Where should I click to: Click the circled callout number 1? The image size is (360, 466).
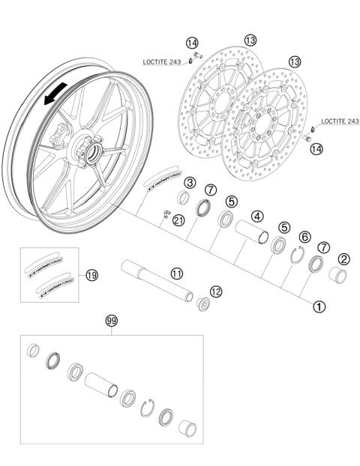click(x=319, y=306)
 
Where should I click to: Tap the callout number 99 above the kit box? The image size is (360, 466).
click(x=112, y=321)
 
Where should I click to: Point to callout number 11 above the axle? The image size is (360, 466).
click(x=175, y=274)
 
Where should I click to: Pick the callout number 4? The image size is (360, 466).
click(x=257, y=217)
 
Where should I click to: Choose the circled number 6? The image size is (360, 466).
click(x=304, y=237)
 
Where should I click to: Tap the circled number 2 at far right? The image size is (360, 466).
click(x=343, y=259)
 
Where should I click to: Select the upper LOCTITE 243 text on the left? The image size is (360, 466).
click(x=164, y=62)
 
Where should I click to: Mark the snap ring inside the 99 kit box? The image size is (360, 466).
click(x=148, y=408)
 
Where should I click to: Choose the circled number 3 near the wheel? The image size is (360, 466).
click(x=190, y=183)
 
